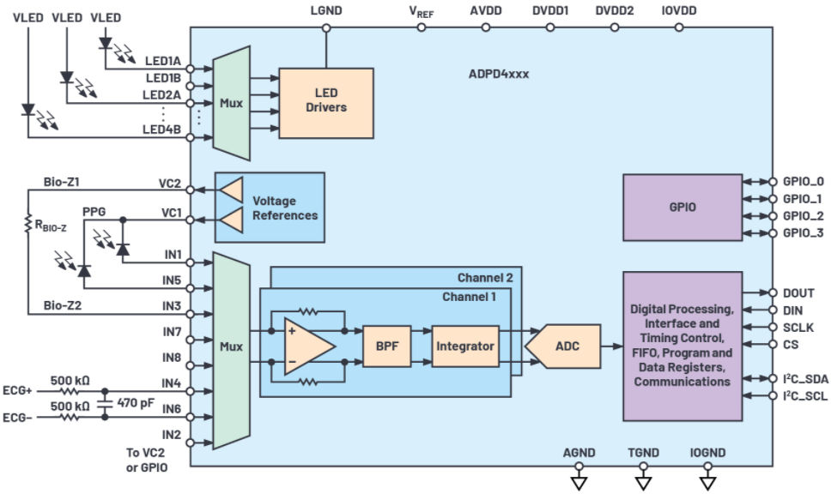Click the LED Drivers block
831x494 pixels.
326,103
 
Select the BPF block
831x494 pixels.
387,346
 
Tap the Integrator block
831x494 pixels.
465,346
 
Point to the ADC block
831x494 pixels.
563,346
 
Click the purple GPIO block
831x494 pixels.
682,208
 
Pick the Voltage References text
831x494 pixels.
285,208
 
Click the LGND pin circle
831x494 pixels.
326,27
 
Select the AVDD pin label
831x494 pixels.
485,10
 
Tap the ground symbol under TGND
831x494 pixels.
643,483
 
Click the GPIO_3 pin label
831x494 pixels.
804,233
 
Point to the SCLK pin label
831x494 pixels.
798,328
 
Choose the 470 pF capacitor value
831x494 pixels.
136,403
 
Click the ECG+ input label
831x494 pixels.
17,391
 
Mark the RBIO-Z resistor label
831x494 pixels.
51,226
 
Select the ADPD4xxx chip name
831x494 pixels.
499,74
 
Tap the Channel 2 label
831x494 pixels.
485,278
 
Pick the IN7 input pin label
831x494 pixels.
172,332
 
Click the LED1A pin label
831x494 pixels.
163,61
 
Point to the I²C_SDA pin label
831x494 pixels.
805,378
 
